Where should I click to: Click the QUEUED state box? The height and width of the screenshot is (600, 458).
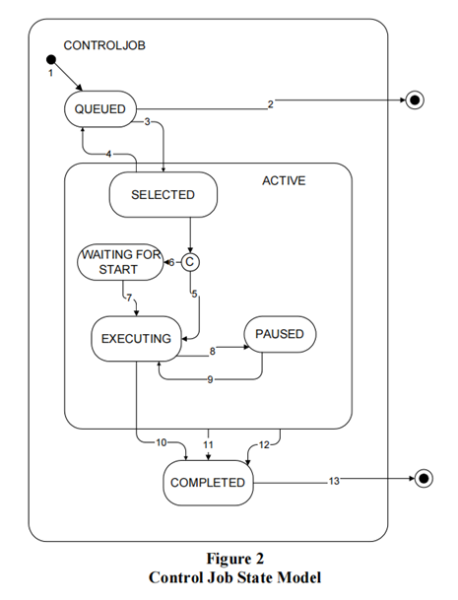tap(100, 109)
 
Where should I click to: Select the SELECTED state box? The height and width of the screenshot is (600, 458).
tap(163, 195)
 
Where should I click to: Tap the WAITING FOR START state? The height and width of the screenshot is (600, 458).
tap(120, 262)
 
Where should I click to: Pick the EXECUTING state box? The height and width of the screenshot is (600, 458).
tap(136, 339)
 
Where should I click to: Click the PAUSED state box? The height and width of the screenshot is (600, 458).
tap(280, 334)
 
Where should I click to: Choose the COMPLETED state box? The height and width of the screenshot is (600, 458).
tap(208, 483)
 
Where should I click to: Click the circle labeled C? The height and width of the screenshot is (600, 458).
tap(190, 262)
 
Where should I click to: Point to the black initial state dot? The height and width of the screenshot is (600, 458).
tap(51, 60)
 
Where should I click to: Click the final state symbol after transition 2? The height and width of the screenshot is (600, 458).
tap(415, 100)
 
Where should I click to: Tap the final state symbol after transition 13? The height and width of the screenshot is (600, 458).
tap(424, 479)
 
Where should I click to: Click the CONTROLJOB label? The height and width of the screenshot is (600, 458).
tap(104, 45)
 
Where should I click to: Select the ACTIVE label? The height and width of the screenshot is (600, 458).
tap(284, 180)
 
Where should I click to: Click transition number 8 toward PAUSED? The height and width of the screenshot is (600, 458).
tap(213, 351)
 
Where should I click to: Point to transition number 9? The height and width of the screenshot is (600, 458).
tap(210, 379)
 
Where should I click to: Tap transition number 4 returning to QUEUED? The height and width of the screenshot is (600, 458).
tap(108, 154)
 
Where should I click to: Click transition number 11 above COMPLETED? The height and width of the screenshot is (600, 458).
tap(208, 444)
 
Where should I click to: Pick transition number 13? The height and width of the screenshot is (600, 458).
tap(334, 481)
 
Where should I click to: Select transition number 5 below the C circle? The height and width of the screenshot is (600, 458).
tap(194, 294)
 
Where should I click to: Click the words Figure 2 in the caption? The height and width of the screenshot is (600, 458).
tap(235, 559)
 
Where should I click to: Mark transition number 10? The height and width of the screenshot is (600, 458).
tap(162, 442)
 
